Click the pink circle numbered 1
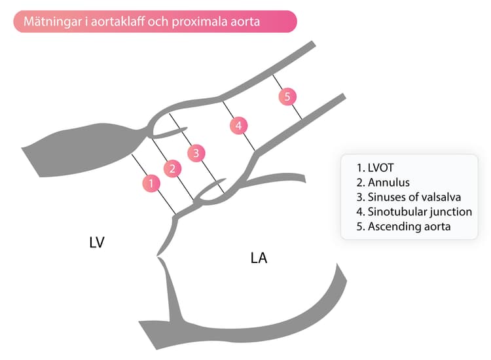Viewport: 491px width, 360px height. pos(151,183)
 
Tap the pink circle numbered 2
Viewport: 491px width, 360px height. pos(172,169)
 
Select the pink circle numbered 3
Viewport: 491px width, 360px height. pos(196,153)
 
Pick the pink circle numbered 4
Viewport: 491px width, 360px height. pos(238,126)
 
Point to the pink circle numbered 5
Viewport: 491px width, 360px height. pos(287,96)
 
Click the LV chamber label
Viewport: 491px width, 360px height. pos(96,243)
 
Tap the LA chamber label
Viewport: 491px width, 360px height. pos(259,258)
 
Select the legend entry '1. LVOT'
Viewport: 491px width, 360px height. pos(375,168)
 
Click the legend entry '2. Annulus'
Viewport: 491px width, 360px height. pos(383,183)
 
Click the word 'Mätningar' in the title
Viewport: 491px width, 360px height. pos(52,22)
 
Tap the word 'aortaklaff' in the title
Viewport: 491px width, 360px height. pos(117,22)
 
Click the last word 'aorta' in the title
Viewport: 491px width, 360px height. pos(245,22)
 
